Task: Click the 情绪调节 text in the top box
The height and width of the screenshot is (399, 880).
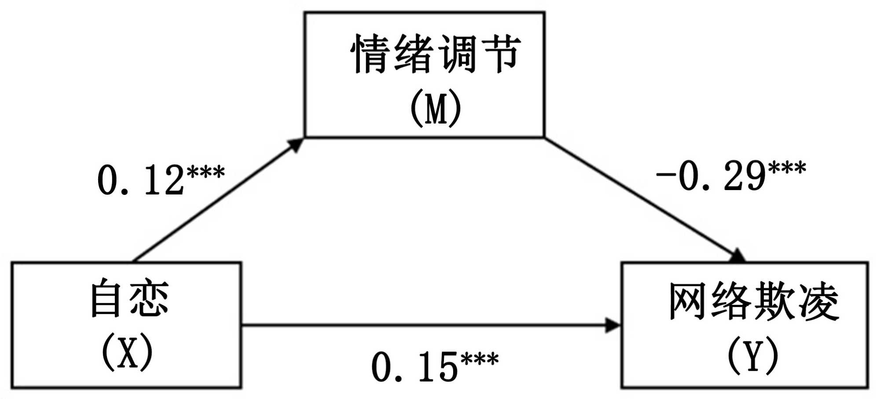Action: point(436,55)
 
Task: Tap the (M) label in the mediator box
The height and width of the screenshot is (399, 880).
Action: point(436,109)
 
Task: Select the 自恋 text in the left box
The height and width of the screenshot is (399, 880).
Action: point(129,298)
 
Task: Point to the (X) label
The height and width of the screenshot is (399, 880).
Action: point(128,352)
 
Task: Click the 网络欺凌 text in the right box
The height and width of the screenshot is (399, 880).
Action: point(753,302)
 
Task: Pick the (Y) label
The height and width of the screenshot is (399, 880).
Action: point(753,355)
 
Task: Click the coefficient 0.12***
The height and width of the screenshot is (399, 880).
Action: point(161,179)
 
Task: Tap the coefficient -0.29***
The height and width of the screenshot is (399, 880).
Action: point(730,176)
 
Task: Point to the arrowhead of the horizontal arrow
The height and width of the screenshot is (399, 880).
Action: point(612,326)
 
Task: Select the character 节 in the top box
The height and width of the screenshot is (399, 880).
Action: point(502,55)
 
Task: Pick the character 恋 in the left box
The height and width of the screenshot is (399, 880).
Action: point(150,298)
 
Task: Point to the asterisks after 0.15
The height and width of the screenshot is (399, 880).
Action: point(480,359)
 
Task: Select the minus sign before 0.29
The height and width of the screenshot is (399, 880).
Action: point(665,175)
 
